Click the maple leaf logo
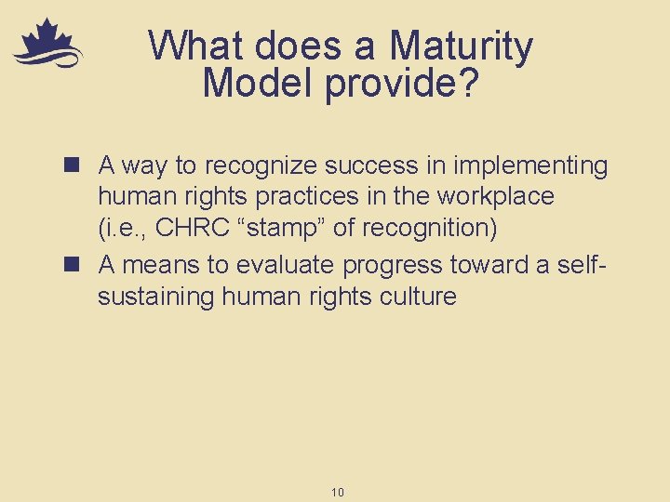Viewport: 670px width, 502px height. pyautogui.click(x=47, y=45)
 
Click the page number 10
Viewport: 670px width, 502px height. pyautogui.click(x=337, y=492)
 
